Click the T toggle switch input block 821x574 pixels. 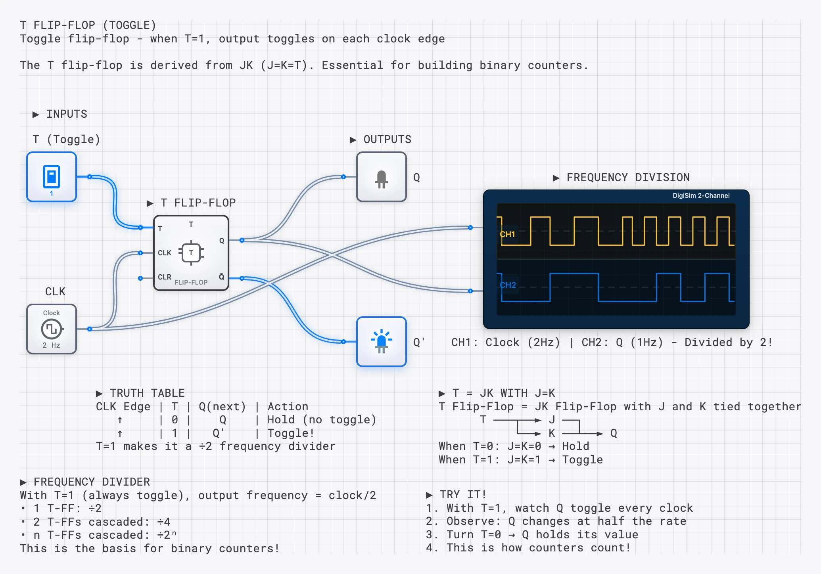52,177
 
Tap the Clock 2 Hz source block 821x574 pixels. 52,329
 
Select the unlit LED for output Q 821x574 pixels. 381,177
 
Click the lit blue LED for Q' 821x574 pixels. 381,342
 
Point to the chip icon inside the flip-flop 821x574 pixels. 191,253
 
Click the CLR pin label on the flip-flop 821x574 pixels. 164,277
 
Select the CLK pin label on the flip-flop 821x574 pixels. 164,253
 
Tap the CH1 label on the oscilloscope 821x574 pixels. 507,234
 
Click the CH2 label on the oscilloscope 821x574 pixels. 508,285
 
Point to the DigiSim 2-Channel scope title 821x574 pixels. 700,195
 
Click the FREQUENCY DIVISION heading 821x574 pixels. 628,178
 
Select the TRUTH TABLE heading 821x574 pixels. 147,393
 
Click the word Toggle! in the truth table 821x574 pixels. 291,433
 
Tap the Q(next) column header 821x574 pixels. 222,407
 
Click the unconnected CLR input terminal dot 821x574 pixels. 140,278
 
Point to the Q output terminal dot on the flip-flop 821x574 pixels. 242,240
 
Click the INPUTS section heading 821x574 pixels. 66,114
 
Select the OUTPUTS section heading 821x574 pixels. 387,140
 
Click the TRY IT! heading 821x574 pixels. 462,495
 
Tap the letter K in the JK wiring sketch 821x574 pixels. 552,433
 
